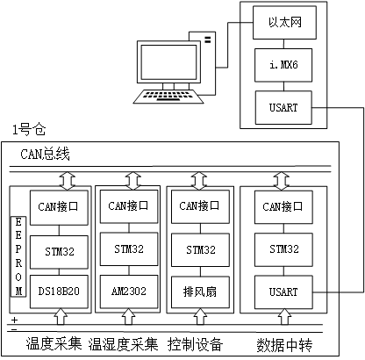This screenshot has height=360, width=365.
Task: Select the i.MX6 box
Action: click(x=278, y=65)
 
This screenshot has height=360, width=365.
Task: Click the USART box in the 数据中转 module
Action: click(x=277, y=287)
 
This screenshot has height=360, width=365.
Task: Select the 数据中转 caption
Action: click(x=284, y=342)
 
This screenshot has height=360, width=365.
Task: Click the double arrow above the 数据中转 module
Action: click(x=277, y=179)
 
